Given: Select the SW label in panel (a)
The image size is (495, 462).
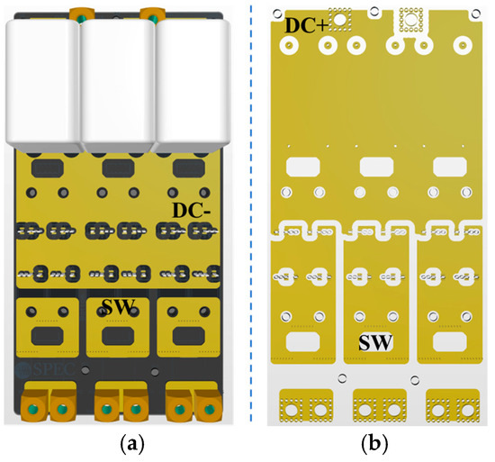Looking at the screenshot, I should [x=117, y=308].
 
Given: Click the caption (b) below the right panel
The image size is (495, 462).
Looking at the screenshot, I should [x=377, y=443].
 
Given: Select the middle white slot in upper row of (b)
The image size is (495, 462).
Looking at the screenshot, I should [x=375, y=167].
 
